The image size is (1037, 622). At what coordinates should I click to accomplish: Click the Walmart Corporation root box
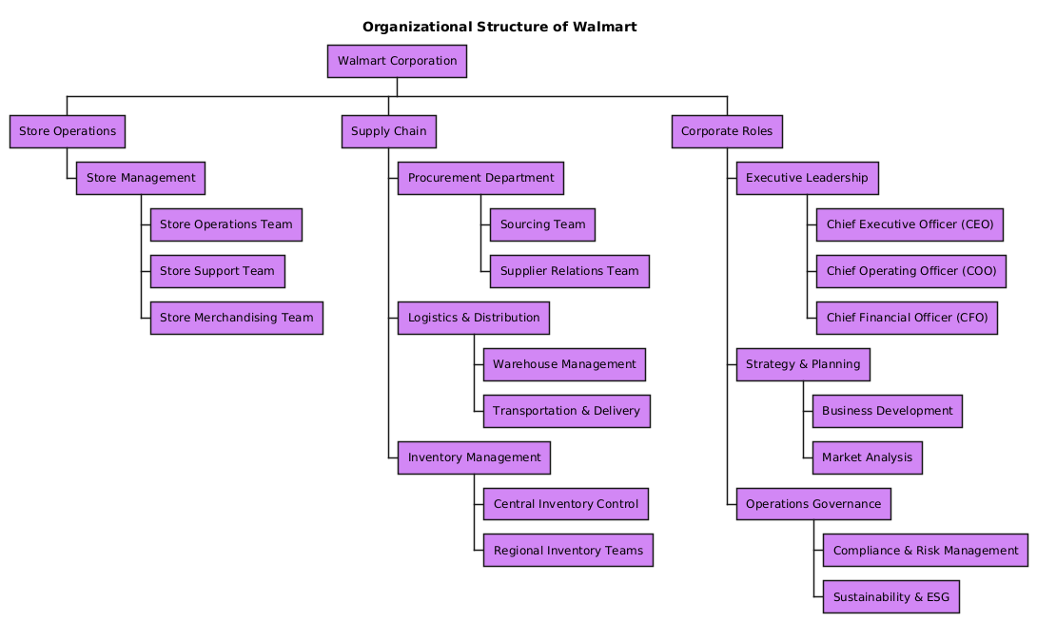397,62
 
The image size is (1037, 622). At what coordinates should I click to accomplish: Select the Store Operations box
67,131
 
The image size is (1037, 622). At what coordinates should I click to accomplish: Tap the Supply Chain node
388,131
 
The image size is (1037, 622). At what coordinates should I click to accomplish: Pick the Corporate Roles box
727,131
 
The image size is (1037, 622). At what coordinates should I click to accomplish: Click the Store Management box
141,178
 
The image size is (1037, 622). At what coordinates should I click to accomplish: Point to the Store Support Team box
217,272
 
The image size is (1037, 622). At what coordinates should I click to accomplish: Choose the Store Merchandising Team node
236,318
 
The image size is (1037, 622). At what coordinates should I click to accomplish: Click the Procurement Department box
480,178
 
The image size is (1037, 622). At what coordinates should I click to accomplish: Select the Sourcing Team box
542,225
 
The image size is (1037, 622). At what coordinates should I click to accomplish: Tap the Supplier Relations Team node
569,272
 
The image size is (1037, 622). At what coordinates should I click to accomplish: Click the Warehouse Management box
564,364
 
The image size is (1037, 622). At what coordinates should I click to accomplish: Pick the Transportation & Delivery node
566,411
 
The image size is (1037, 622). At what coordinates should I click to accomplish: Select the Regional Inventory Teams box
568,551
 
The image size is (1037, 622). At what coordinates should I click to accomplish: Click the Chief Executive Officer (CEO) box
910,225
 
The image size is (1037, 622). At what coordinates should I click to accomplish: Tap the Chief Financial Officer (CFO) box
907,318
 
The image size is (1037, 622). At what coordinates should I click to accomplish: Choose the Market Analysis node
867,457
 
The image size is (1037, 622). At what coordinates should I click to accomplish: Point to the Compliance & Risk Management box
925,551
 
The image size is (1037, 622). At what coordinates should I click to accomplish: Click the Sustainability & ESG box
890,597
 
